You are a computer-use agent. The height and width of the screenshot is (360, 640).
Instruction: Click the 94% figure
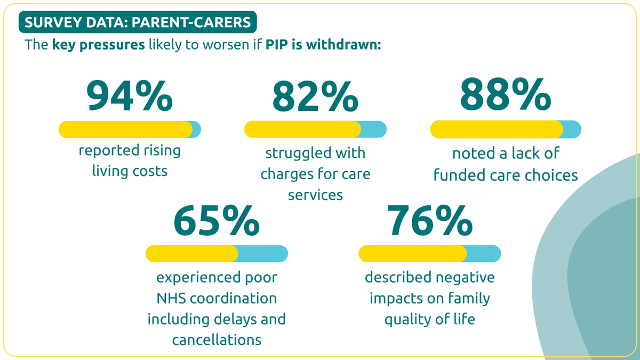click(x=130, y=95)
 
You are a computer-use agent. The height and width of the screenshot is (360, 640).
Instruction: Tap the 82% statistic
click(x=315, y=97)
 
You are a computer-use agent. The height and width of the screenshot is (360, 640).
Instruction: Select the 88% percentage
click(x=506, y=94)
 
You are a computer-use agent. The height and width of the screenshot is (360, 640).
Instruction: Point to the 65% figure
click(x=217, y=220)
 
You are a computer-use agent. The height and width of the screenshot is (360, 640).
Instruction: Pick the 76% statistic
click(x=430, y=220)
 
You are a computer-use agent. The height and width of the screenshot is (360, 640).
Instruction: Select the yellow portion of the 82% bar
click(x=302, y=129)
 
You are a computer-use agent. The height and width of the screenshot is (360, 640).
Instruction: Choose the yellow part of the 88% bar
click(x=497, y=129)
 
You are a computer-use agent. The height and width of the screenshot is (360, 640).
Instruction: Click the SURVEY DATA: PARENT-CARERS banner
click(x=138, y=22)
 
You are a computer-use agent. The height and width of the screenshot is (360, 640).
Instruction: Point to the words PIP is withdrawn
click(x=323, y=45)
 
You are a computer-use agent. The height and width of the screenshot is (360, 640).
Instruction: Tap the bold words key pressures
click(x=99, y=45)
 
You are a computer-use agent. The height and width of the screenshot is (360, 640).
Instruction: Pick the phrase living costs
click(x=130, y=171)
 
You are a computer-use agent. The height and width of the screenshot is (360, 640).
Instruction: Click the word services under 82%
click(x=315, y=195)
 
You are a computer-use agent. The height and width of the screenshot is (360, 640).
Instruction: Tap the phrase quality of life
click(x=430, y=319)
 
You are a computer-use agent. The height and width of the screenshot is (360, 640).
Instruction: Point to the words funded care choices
click(x=506, y=175)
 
